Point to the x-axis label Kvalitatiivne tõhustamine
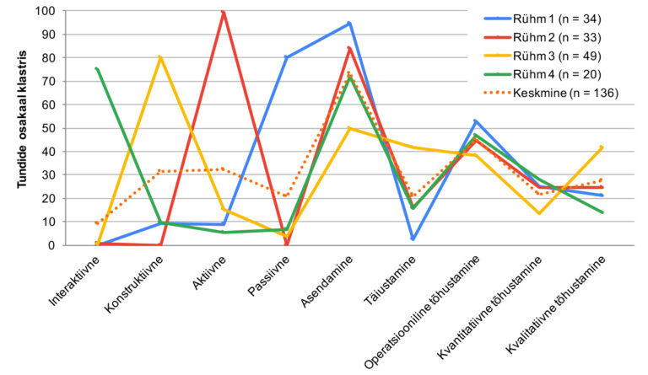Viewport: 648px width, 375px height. click(x=558, y=308)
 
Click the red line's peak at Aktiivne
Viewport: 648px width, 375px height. click(x=224, y=12)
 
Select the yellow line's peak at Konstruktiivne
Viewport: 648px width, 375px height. click(x=160, y=57)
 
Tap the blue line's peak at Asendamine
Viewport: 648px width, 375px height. click(x=349, y=24)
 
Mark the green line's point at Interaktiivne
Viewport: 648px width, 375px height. click(x=97, y=68)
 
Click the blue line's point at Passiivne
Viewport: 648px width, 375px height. click(x=287, y=57)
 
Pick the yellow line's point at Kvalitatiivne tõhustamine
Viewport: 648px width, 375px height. click(x=602, y=147)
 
